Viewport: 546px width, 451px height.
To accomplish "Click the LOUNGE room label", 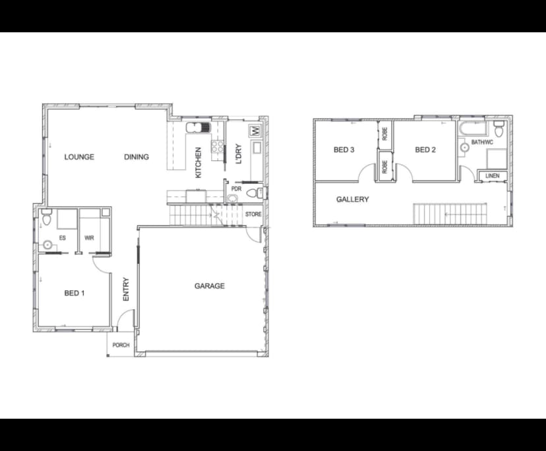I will [79, 157].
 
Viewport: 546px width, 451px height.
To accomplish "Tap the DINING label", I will [136, 157].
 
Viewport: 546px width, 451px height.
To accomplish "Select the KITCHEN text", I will [198, 162].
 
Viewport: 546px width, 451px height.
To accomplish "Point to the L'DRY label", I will [239, 154].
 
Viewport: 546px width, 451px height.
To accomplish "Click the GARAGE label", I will [209, 286].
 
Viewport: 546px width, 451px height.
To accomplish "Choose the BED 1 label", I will [74, 293].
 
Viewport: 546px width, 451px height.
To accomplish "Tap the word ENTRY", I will [126, 289].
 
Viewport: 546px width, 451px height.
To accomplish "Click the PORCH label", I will [121, 346].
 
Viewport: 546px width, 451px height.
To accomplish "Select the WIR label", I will [90, 239].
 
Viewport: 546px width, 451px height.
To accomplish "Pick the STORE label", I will [253, 214].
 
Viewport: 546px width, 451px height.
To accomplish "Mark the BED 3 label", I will [344, 150].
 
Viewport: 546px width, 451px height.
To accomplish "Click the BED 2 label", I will [425, 150].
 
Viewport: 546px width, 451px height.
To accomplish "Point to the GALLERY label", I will [352, 199].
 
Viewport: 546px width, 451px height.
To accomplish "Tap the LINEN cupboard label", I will [492, 176].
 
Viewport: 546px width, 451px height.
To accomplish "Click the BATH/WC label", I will [482, 142].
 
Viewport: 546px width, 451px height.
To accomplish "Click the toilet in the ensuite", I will [45, 218].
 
